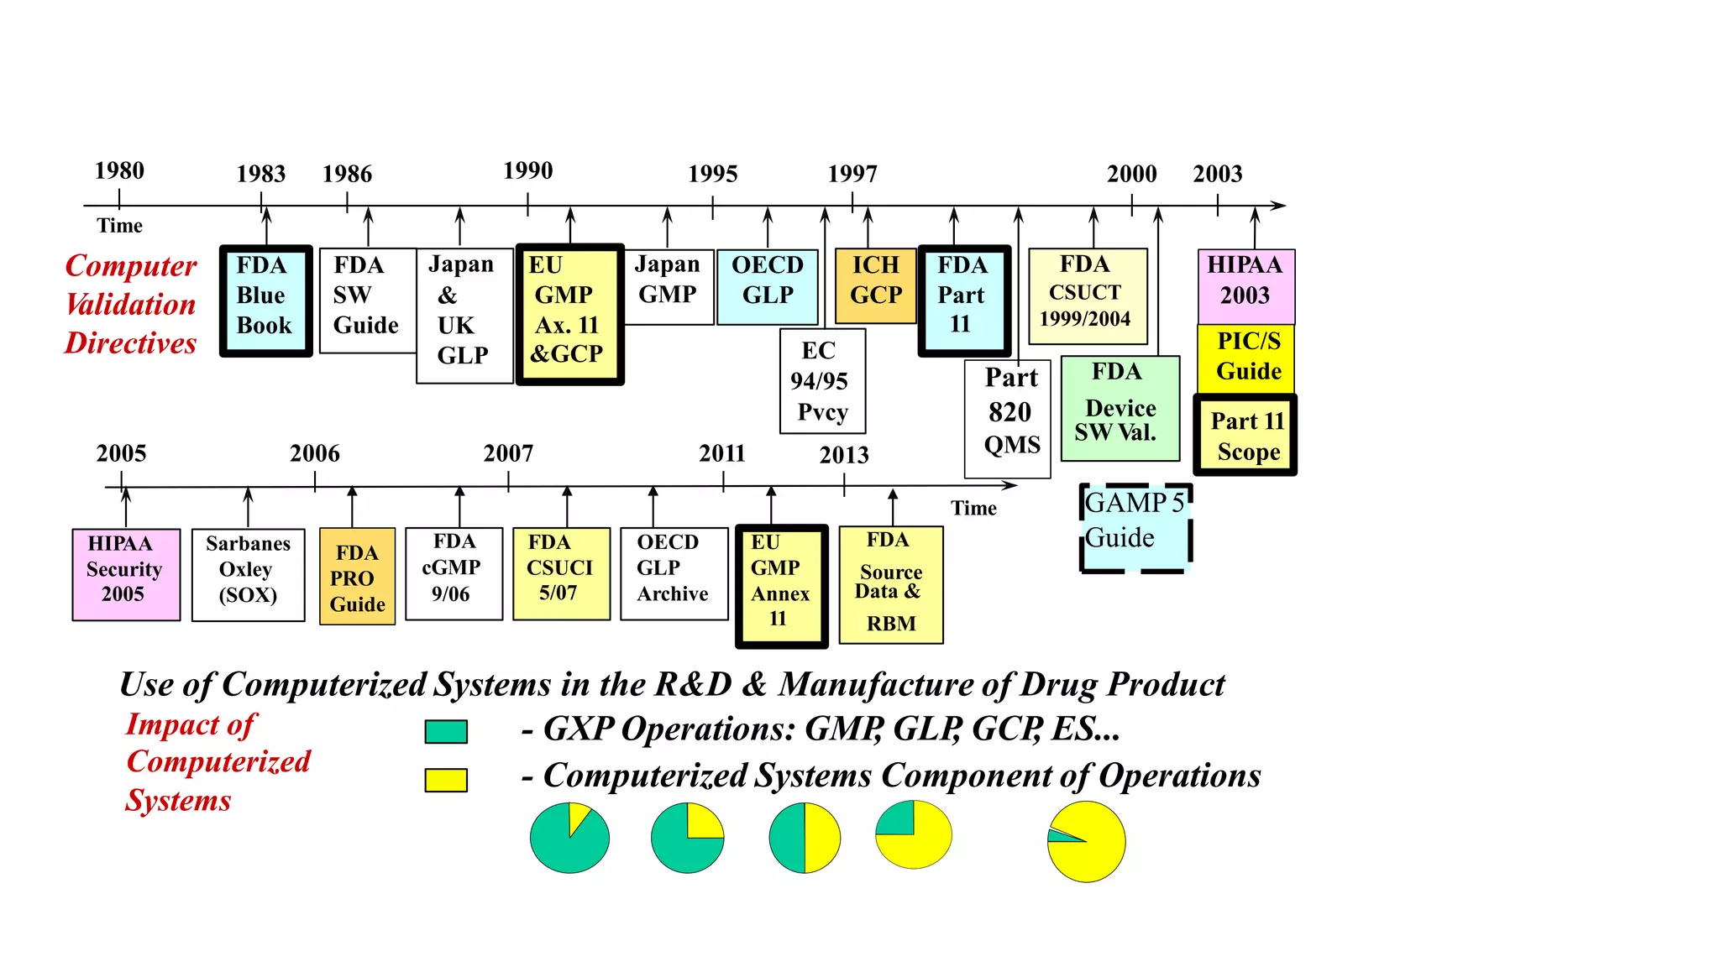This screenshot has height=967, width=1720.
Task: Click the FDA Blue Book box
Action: pos(265,301)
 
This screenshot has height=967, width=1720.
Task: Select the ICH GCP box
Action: pos(875,286)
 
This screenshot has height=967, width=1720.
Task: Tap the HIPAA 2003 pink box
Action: pos(1245,286)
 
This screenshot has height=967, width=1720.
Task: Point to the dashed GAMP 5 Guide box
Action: pos(1135,528)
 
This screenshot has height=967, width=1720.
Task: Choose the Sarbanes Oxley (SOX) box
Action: pos(248,574)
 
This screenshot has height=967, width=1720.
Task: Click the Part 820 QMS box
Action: pos(1007,419)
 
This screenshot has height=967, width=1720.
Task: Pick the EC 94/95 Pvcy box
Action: pos(822,381)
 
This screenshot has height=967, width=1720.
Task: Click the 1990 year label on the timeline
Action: pos(527,171)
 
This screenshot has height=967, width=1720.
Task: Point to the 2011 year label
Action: pos(722,453)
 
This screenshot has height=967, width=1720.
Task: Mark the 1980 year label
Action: pos(119,171)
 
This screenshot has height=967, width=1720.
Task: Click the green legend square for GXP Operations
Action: pos(445,731)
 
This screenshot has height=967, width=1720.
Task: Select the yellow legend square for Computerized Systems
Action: pos(445,780)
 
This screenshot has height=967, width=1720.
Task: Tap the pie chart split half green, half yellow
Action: pos(805,838)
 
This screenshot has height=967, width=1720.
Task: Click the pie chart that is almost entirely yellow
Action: pos(1086,841)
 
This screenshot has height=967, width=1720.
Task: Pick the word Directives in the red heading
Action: pos(130,343)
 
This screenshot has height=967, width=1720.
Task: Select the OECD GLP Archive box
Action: pos(674,573)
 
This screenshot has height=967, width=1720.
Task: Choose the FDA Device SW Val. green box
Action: pos(1120,408)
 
